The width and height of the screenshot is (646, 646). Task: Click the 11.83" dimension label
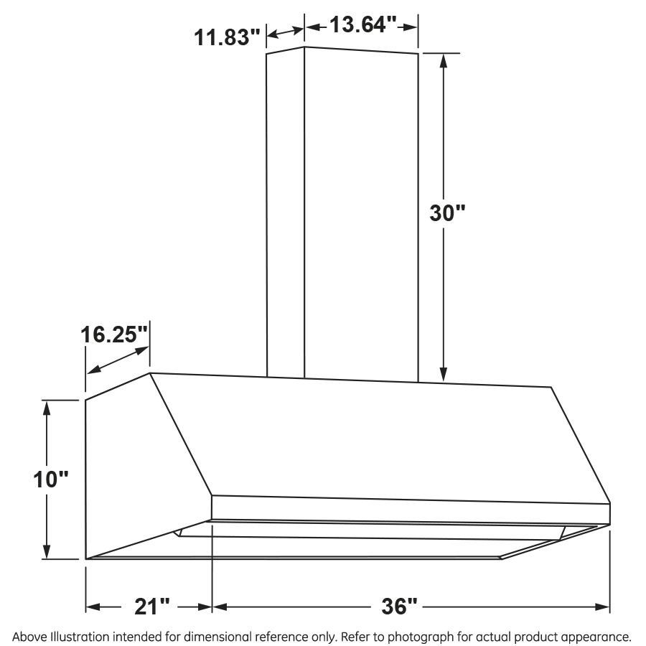[228, 36]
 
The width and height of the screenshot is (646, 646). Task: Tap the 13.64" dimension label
[363, 26]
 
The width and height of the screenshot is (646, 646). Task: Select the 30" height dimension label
[448, 212]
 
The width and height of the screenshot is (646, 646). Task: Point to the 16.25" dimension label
[115, 334]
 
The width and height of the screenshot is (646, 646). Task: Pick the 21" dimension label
[151, 607]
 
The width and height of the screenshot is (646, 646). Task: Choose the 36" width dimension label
[398, 607]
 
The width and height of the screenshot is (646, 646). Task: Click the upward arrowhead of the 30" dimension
[444, 61]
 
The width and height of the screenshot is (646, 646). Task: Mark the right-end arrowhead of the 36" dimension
[604, 607]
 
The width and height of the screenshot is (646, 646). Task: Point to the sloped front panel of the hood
[373, 438]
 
